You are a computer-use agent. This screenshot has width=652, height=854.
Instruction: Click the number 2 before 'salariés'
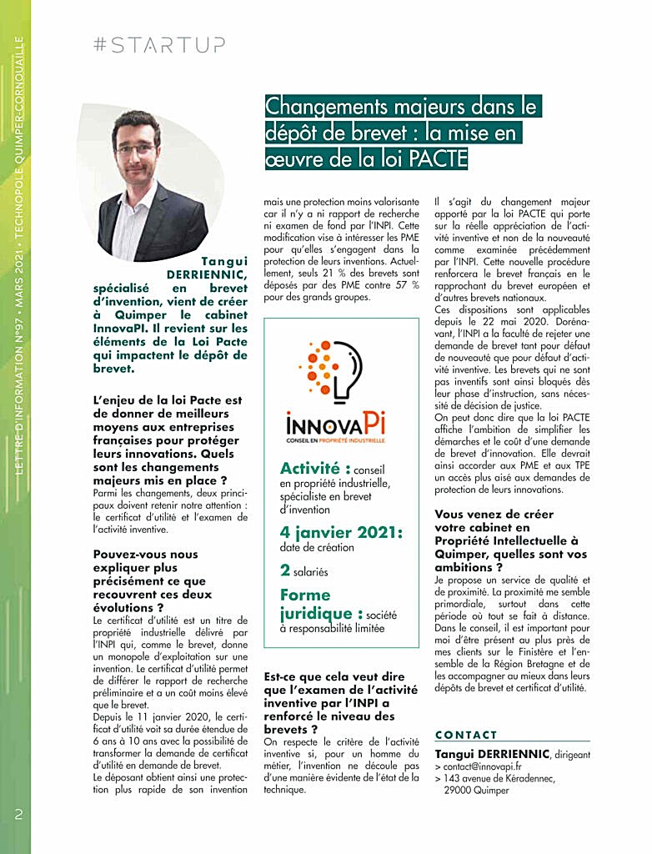(x=285, y=571)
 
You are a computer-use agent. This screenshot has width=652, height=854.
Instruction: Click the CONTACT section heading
(x=466, y=735)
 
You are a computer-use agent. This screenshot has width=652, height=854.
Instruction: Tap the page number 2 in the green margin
(x=18, y=814)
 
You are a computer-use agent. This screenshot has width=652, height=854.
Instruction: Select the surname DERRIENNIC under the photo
(x=208, y=274)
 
